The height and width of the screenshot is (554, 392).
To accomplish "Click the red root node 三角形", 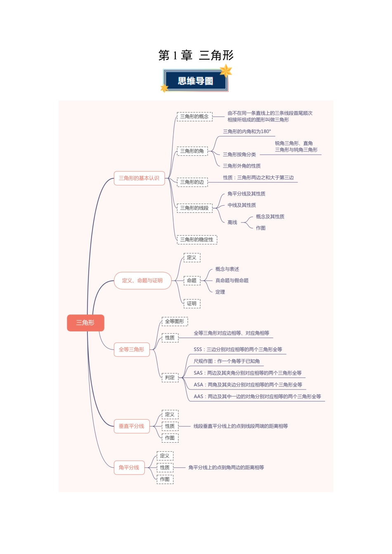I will click(x=85, y=323).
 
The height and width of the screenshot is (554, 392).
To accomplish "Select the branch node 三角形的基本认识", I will click(x=139, y=178).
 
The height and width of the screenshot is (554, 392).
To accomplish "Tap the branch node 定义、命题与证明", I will click(x=142, y=281).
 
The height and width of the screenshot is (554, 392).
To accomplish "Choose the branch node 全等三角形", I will click(x=132, y=350).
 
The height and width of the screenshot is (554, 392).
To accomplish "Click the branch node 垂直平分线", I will click(x=132, y=426).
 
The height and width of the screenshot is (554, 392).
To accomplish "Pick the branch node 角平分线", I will click(x=129, y=467).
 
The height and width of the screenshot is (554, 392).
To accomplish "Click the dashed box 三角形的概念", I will click(x=194, y=117).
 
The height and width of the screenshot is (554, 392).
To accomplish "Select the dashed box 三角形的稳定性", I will click(x=197, y=239).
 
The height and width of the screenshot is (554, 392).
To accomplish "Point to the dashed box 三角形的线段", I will click(x=194, y=208).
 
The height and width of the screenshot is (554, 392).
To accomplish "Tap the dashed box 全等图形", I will click(x=175, y=322).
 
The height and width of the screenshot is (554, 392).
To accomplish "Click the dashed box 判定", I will click(x=170, y=378).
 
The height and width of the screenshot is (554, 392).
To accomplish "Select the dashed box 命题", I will click(x=192, y=281).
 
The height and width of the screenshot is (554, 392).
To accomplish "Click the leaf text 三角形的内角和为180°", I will click(x=247, y=132).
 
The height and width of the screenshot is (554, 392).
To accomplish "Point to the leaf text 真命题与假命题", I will click(x=232, y=281).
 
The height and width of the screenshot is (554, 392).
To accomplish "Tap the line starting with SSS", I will click(x=238, y=350).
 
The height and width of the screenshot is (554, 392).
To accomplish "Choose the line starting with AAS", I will click(x=257, y=397).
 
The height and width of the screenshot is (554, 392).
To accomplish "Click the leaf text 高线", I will click(x=232, y=223).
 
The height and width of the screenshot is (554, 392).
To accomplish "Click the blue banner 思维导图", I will click(x=196, y=81).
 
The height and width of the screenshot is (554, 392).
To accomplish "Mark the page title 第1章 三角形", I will click(x=196, y=55).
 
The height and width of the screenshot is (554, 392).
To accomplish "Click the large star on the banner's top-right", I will click(x=226, y=70).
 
